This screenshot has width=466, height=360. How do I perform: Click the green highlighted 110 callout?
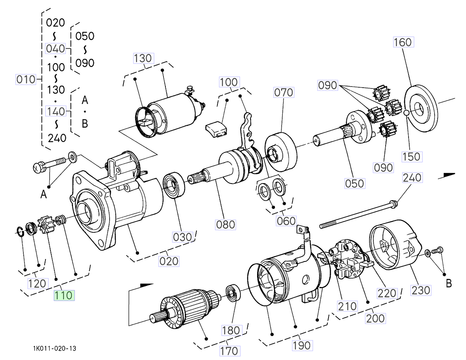63,295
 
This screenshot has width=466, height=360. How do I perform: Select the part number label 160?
402,42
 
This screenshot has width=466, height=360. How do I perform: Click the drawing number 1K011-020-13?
54,348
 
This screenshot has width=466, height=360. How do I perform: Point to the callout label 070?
284,92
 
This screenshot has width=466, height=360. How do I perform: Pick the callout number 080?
226,224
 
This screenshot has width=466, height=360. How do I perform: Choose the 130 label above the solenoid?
143,58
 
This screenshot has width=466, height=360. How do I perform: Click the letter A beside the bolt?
44,194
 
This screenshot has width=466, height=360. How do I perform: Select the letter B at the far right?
449,284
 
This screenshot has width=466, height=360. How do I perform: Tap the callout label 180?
231,330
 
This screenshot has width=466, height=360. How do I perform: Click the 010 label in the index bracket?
26,80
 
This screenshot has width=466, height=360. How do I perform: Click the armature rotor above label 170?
186,309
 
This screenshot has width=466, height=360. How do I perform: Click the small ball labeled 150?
406,112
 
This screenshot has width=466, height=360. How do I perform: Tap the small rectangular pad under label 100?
217,130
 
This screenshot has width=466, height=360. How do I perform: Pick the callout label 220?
386,293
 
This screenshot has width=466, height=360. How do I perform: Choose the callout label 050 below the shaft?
355,183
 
